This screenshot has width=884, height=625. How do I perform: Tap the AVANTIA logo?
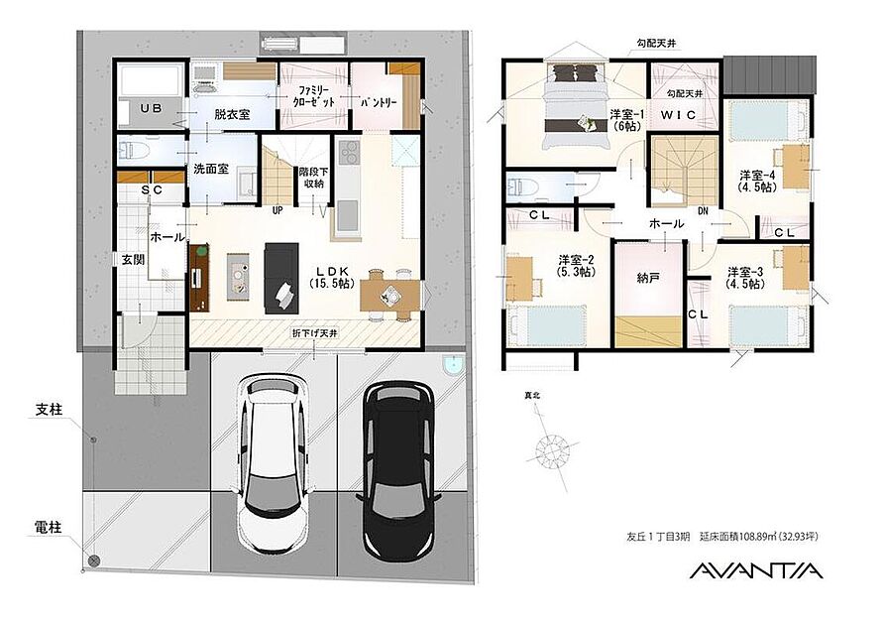click(x=756, y=570)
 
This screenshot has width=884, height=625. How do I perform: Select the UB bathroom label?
click(x=151, y=108)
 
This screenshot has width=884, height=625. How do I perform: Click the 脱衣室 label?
click(x=232, y=114)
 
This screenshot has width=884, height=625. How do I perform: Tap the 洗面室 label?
click(x=211, y=169)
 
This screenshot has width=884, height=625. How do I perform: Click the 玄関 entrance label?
click(x=133, y=259)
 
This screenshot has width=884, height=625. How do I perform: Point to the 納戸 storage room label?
click(x=648, y=278)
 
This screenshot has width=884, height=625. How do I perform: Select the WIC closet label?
click(x=678, y=115)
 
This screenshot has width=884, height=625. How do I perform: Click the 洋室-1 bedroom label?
click(x=625, y=120)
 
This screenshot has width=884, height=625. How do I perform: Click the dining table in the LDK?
click(x=390, y=295)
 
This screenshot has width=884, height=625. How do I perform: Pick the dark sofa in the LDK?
click(x=281, y=278)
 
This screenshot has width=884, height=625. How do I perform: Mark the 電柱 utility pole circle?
click(x=94, y=561)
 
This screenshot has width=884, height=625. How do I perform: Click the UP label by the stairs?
click(x=277, y=210)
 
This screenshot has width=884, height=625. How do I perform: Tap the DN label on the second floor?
click(x=703, y=211)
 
